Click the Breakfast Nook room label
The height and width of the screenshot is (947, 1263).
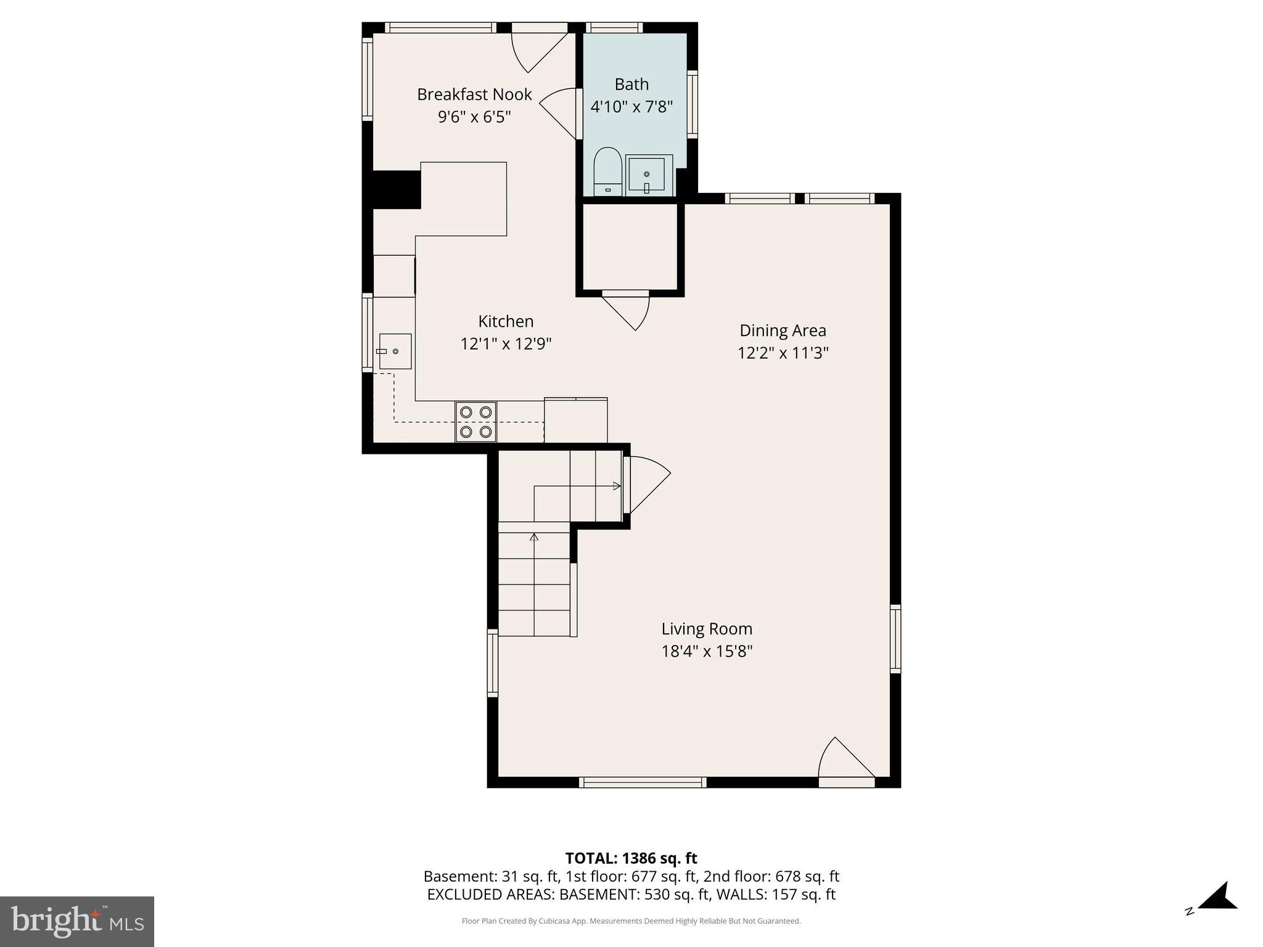coord(474,94)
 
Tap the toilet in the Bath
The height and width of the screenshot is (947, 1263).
coord(607,171)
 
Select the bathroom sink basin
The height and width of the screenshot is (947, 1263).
coord(646,174)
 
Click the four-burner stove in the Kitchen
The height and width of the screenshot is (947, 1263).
coord(476,422)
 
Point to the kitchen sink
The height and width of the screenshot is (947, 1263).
coord(395,351)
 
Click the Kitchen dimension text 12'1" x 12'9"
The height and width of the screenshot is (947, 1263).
coord(506,343)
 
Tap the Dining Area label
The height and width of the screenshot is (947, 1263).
coord(783,330)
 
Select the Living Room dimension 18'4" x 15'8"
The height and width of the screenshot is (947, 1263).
coord(707,651)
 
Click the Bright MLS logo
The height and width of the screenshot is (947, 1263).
coord(76,921)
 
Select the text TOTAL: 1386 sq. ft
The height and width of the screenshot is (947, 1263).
coord(631,858)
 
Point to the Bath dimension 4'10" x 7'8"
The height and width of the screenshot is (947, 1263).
coord(631,107)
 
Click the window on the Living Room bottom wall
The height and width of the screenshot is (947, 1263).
coord(643,782)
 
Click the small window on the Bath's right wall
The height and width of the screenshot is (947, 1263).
coord(692,103)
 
